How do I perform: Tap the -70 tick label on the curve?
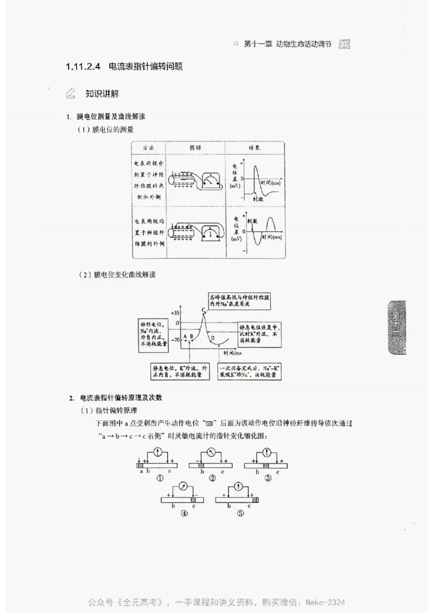click(x=174, y=340)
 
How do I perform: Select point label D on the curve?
click(x=212, y=338)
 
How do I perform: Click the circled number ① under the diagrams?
click(x=160, y=478)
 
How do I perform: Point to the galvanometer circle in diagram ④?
click(x=184, y=486)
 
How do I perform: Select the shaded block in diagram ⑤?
click(x=255, y=500)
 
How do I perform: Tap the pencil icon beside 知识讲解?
click(x=70, y=93)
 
